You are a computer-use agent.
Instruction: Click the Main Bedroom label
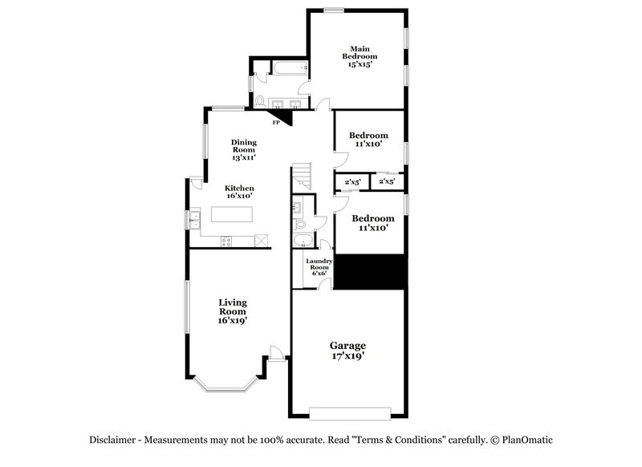tap(359, 52)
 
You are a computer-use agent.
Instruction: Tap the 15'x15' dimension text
tap(359, 64)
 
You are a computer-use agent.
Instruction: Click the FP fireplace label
tap(276, 123)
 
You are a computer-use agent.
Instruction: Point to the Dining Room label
tap(244, 146)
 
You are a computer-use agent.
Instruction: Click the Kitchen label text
tap(239, 188)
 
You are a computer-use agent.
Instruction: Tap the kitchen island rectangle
tap(232, 215)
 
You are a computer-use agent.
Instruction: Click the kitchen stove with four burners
tap(226, 241)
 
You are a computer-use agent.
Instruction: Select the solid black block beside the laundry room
tap(368, 271)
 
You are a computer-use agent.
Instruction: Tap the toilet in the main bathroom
tap(260, 101)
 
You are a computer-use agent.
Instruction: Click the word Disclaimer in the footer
tap(116, 440)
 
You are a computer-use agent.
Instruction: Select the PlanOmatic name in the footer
tap(527, 440)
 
